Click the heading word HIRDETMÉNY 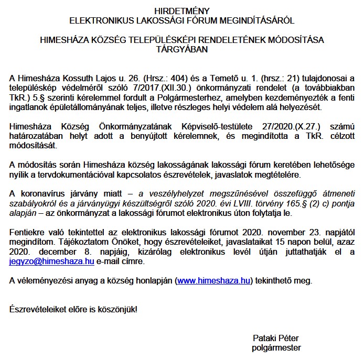[x=182, y=11]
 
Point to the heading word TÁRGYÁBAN [x=182, y=49]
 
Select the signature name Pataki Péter [x=275, y=338]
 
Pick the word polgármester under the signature [x=276, y=347]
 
